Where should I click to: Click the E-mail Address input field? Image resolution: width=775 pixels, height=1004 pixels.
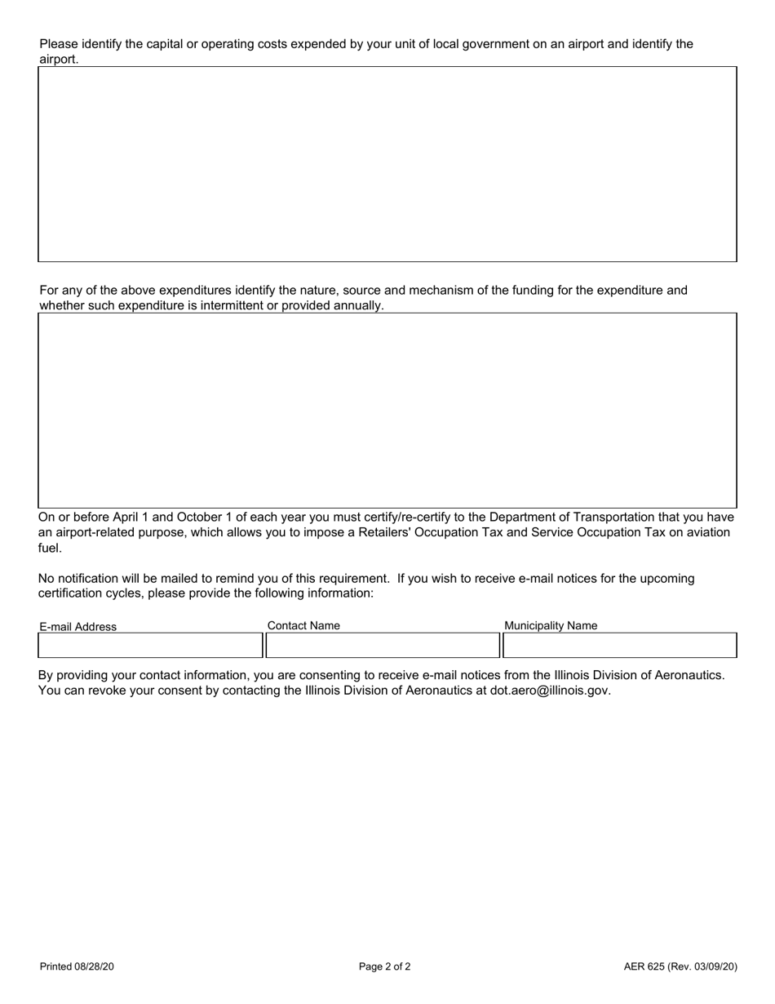[x=150, y=646]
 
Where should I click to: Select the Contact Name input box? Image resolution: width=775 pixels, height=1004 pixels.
[x=382, y=646]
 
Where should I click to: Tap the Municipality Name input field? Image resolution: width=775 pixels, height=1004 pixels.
[x=620, y=646]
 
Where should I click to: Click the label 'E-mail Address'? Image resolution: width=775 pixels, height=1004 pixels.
[x=78, y=627]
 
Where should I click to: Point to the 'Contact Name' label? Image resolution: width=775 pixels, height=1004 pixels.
[x=303, y=626]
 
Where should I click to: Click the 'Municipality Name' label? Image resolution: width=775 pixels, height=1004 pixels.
[x=551, y=626]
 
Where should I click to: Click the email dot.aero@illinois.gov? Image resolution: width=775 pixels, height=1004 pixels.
[x=549, y=691]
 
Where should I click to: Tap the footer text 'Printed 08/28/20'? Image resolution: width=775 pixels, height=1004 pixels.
[x=77, y=967]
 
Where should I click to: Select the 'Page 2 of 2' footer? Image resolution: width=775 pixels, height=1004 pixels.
[x=385, y=967]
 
